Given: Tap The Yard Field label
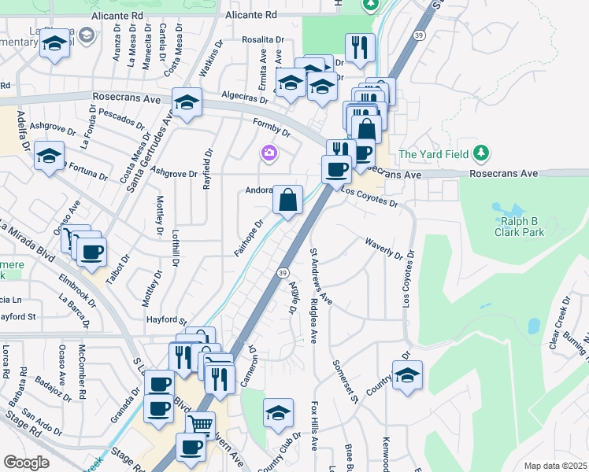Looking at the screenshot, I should click(433, 153).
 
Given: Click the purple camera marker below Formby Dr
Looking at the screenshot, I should click(269, 153).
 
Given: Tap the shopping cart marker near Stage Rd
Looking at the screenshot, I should click(200, 425).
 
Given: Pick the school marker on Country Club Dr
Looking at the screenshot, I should click(277, 413).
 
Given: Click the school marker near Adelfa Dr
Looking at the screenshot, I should click(49, 155).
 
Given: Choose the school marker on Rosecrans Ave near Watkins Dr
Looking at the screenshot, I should click(187, 102).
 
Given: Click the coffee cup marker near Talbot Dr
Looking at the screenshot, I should click(91, 253).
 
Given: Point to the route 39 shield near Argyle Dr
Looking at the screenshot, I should click(281, 272).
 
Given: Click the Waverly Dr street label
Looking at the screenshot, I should click(383, 248).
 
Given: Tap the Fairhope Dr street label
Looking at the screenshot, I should click(246, 237).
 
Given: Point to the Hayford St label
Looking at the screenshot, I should click(165, 320).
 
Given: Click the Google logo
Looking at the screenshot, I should click(27, 463).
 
